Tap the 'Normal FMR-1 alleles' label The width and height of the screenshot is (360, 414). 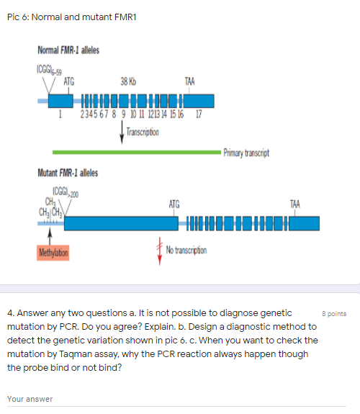(68, 50)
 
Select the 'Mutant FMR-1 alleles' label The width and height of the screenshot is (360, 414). (68, 173)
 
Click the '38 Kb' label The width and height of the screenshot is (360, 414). (130, 81)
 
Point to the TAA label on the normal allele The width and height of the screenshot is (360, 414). (189, 81)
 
